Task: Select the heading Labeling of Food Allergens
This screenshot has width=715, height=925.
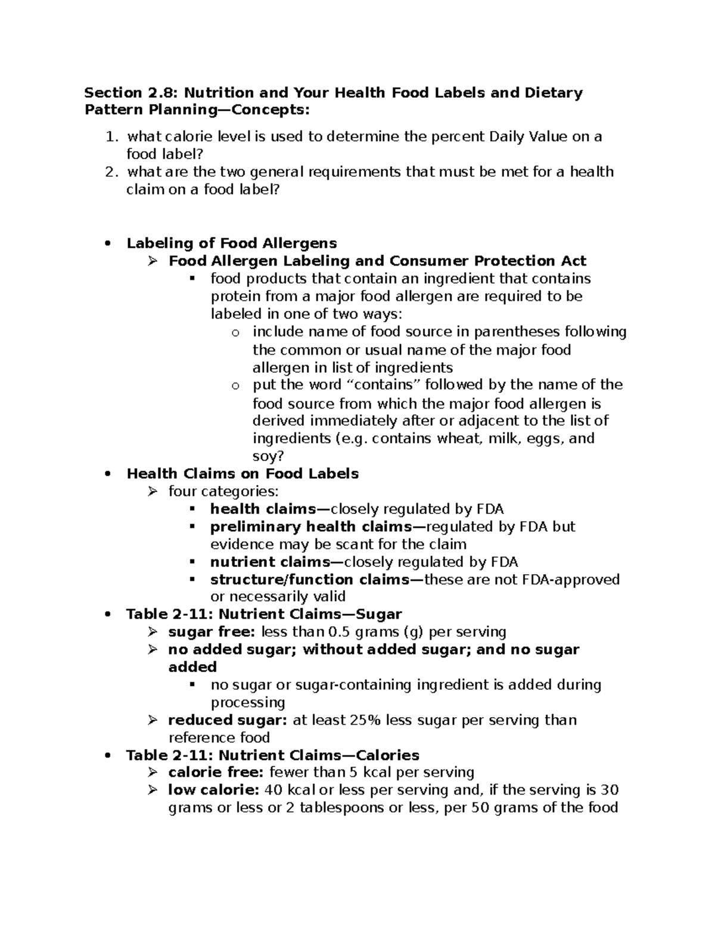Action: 232,243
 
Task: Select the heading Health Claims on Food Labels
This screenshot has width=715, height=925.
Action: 243,474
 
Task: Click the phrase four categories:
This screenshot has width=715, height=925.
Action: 223,491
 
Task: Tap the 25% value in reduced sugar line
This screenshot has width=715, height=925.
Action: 366,720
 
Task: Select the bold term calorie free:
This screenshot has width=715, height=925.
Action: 216,773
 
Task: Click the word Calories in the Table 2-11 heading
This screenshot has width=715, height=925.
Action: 388,755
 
